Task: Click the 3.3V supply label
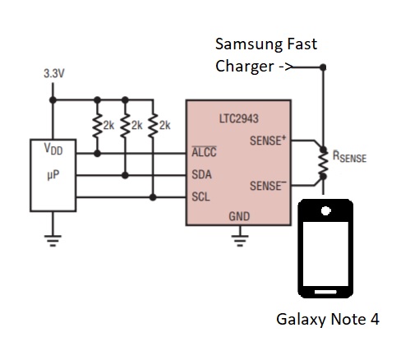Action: coord(54,75)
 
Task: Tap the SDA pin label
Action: coord(201,175)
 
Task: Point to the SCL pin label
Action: coord(200,197)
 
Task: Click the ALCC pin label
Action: coord(204,154)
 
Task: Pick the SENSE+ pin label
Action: coord(268,141)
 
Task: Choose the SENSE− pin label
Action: coord(268,186)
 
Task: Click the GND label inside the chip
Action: coord(240,216)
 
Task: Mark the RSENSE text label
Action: coord(349,155)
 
